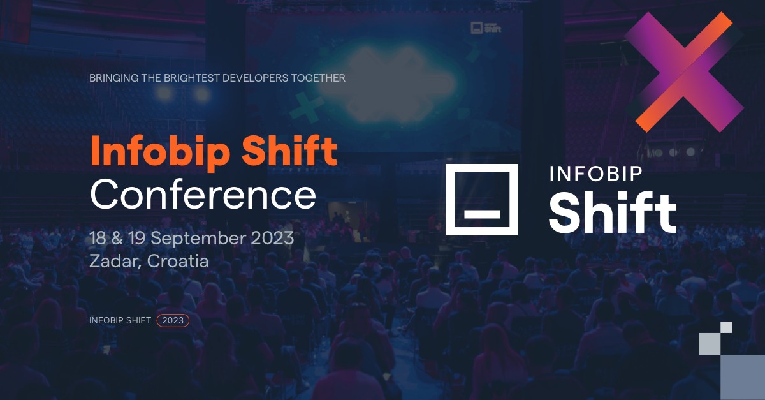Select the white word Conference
203,194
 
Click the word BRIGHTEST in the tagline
192,78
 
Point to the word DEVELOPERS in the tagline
255,78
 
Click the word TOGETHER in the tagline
318,78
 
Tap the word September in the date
198,239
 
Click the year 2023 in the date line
272,238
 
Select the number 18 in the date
98,238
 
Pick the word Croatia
178,261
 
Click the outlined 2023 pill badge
173,320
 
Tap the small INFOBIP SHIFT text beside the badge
120,320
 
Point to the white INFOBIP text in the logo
595,174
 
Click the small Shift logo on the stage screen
486,27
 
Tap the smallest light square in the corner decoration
726,327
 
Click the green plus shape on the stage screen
307,107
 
